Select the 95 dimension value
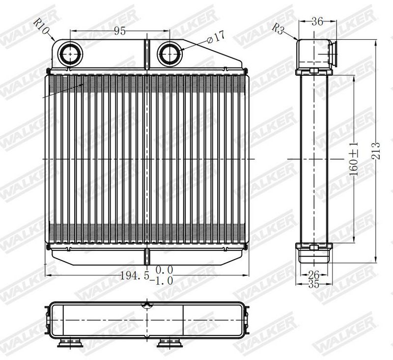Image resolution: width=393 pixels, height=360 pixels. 119,31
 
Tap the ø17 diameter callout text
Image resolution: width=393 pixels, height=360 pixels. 216,37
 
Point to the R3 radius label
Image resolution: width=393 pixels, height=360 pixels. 278,29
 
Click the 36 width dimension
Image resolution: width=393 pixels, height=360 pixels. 317,22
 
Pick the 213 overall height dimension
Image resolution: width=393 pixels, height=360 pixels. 376,151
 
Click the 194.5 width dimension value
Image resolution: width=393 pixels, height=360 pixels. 135,276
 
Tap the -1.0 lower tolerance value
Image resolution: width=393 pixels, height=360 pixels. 163,281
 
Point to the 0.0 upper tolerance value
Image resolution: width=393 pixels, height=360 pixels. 165,270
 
